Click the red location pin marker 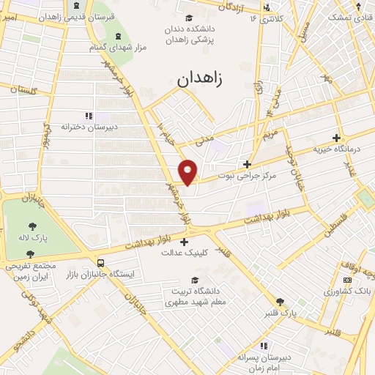click(188, 171)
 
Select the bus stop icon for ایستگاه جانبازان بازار click(100, 261)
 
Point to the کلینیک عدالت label click(184, 252)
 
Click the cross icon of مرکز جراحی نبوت click(248, 164)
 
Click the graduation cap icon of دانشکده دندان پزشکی click(188, 18)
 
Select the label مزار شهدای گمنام click(119, 47)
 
